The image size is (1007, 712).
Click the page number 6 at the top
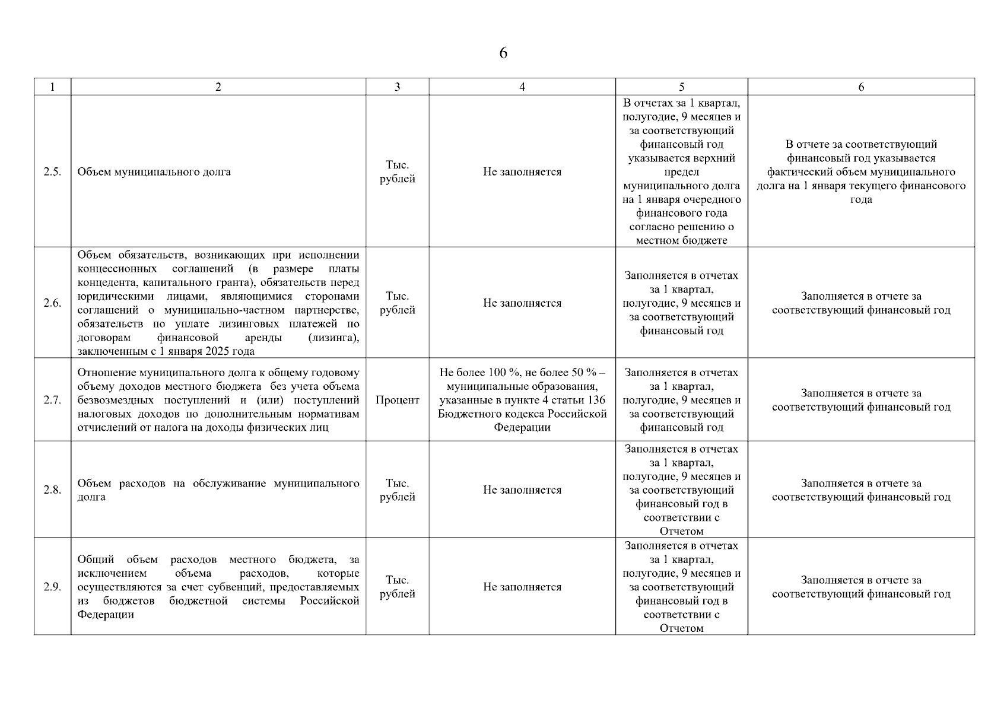503,53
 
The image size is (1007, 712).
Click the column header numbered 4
522,87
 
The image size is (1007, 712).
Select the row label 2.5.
52,172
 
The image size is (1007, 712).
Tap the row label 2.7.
52,400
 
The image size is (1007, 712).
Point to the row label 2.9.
52,587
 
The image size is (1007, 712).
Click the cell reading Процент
397,400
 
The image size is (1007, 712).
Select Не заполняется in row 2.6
522,303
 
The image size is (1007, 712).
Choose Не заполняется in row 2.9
522,587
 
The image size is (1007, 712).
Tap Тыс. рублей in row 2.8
397,490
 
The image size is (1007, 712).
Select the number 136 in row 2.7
595,400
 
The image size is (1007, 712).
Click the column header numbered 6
861,87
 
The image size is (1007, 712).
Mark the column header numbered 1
52,87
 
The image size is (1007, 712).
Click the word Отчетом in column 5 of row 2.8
681,532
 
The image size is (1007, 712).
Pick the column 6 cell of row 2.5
861,172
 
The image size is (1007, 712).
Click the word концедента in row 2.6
101,282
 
